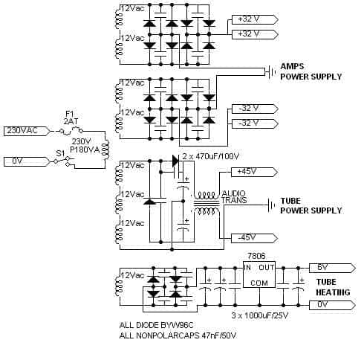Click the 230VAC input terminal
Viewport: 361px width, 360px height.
(27, 131)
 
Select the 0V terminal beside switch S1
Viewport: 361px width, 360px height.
(27, 161)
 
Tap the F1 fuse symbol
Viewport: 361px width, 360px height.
(71, 131)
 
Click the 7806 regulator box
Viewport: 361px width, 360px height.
(259, 274)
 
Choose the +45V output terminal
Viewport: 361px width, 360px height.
(254, 172)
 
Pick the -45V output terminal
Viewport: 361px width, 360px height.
(254, 238)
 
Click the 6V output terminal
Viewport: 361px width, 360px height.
(332, 268)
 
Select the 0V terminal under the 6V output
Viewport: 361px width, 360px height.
(332, 305)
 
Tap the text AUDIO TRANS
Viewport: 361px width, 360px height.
(234, 197)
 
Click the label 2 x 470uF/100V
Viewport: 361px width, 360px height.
(211, 156)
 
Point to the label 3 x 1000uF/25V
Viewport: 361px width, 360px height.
(260, 315)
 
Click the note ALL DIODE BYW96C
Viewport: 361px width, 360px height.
(156, 325)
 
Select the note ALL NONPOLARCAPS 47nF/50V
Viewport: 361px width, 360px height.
(178, 335)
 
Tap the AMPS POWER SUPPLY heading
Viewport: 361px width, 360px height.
(311, 71)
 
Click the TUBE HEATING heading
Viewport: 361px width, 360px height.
(333, 287)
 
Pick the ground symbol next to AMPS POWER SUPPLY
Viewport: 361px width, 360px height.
(270, 72)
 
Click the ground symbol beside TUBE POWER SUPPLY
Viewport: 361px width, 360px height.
(271, 205)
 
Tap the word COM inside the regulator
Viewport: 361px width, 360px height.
(259, 283)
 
